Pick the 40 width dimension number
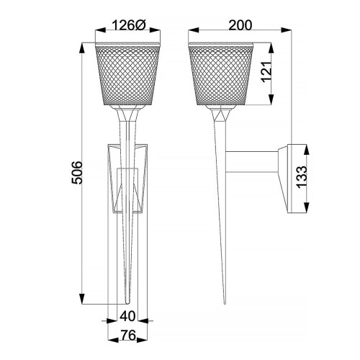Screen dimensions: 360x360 click(127, 315)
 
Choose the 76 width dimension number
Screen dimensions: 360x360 click(127, 335)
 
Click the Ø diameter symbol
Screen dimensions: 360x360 click(142, 25)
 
